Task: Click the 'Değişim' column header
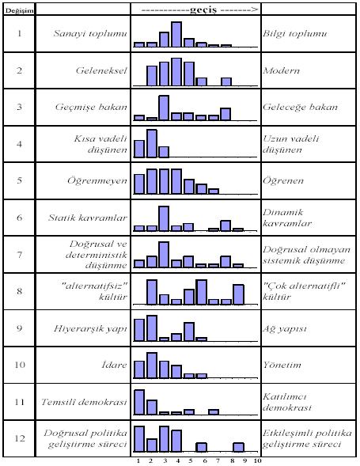tap(19, 11)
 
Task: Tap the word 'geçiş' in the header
tap(203, 10)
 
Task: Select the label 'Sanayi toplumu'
tap(90, 33)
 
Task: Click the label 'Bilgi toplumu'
tap(294, 33)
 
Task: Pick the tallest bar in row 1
tap(176, 34)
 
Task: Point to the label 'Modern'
tap(281, 70)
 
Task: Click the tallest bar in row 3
tap(164, 108)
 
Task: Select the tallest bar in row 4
tap(152, 143)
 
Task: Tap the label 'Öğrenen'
tap(283, 180)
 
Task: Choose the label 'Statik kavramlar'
tap(88, 218)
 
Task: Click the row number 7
tap(19, 255)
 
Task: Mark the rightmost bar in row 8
tap(238, 294)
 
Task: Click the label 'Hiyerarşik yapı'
tap(91, 328)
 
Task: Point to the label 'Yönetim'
tap(282, 365)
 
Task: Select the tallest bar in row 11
tap(139, 402)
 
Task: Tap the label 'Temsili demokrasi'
tap(84, 402)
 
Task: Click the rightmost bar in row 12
tap(238, 447)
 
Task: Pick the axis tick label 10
tap(257, 461)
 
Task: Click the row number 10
tap(20, 365)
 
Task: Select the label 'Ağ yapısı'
tap(285, 328)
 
